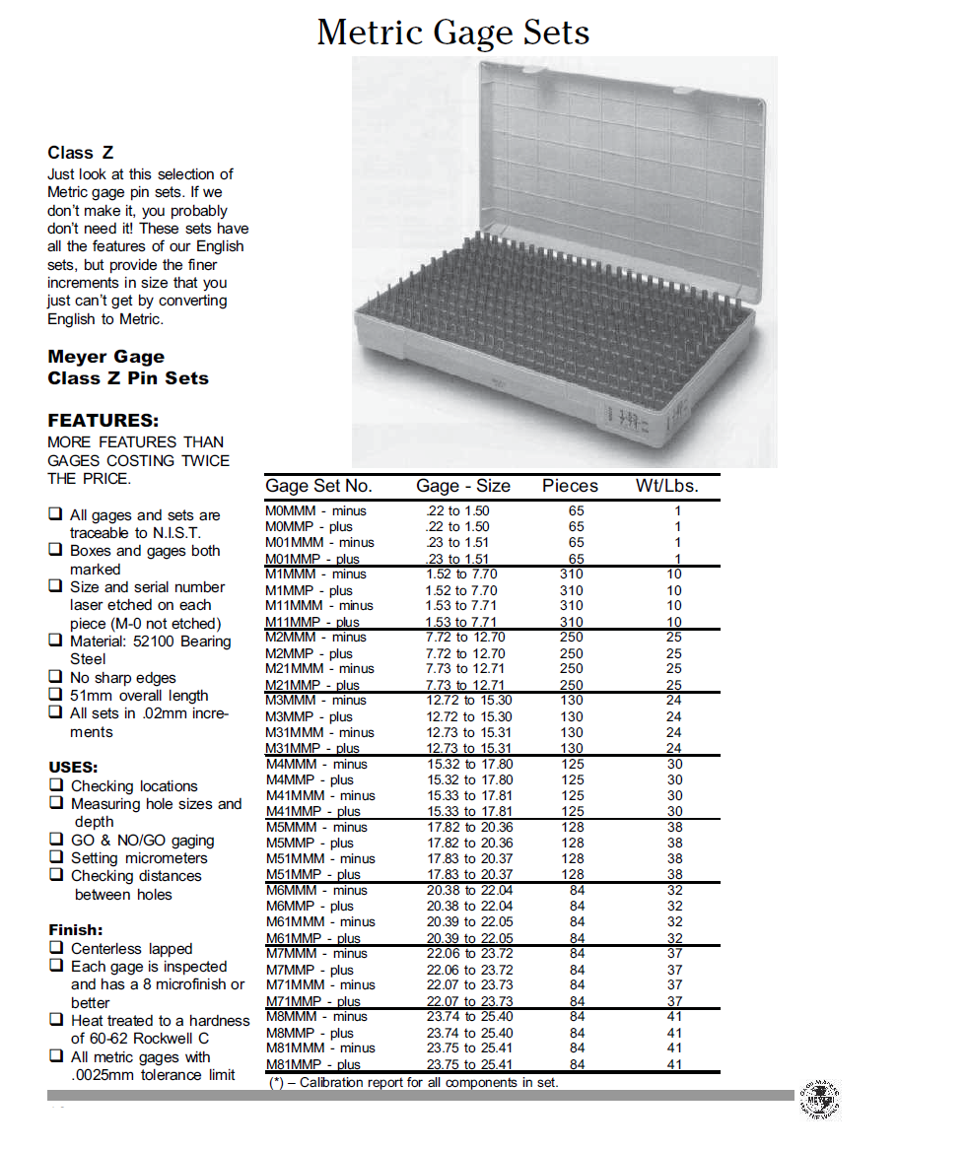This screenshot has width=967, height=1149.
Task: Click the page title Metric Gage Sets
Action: [x=453, y=33]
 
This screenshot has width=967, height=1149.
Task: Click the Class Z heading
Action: [x=80, y=153]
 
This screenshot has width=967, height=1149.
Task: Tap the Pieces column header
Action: [x=570, y=486]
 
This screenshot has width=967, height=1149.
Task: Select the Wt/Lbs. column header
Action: [x=666, y=486]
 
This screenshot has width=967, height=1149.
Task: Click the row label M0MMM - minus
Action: [x=315, y=510]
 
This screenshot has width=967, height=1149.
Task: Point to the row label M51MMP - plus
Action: [x=312, y=874]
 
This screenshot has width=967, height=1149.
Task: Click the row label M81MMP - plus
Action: [x=312, y=1064]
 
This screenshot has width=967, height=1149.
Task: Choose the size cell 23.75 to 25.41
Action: [x=469, y=1064]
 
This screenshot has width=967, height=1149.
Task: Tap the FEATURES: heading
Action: [x=104, y=420]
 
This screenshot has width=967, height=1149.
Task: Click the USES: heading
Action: [x=73, y=767]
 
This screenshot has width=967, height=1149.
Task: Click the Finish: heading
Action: [x=76, y=929]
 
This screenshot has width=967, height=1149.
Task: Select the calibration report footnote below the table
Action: [x=414, y=1082]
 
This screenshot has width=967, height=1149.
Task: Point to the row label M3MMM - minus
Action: [x=315, y=700]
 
